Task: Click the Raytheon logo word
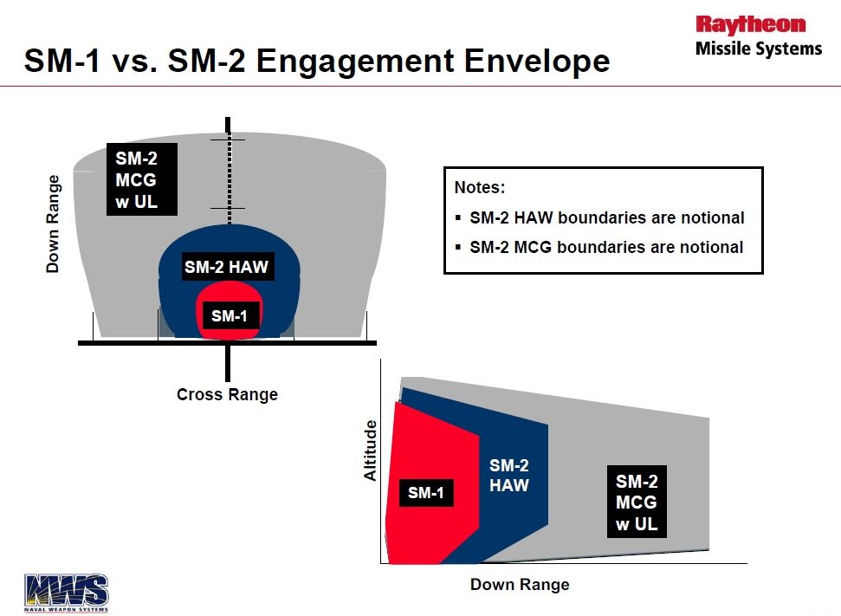[750, 24]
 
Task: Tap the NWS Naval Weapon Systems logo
[66, 593]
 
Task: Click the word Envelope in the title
[537, 61]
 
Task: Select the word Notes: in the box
[480, 187]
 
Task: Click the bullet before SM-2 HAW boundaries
[458, 217]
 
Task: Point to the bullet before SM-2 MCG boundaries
[458, 248]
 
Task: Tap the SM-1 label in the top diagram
[229, 315]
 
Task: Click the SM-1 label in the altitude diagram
[426, 493]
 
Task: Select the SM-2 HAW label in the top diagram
[226, 267]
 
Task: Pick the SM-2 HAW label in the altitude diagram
[509, 475]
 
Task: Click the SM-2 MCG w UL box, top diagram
[142, 179]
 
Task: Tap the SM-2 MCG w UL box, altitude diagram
[637, 502]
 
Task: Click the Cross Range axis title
[228, 394]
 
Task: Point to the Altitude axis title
[371, 451]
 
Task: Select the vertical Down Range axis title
[53, 224]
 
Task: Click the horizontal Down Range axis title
[520, 584]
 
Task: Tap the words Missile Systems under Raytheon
[759, 49]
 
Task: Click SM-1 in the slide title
[62, 61]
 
